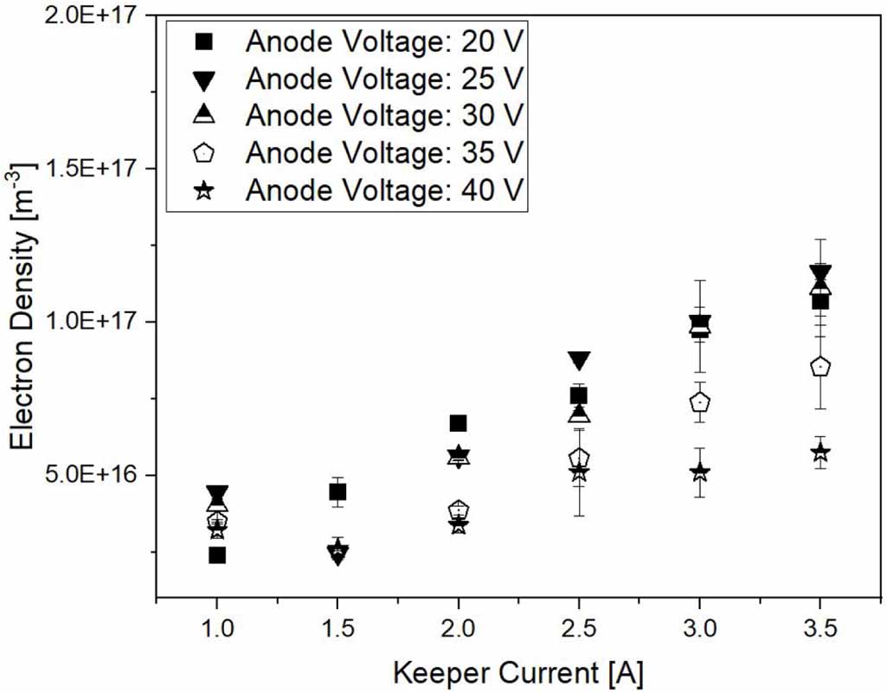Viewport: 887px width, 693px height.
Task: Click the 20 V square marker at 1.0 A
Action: [216, 555]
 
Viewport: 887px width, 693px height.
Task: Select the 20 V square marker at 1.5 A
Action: [337, 491]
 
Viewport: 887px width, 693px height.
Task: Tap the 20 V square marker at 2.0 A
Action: [459, 423]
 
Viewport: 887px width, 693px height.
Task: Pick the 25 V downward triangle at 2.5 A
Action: [580, 361]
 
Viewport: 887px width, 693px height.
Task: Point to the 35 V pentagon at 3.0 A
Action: [700, 401]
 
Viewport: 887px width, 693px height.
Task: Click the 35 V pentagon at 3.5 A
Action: [820, 367]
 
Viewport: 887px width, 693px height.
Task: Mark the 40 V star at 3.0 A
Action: [700, 472]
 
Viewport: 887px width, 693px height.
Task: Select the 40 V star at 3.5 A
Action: [820, 452]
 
